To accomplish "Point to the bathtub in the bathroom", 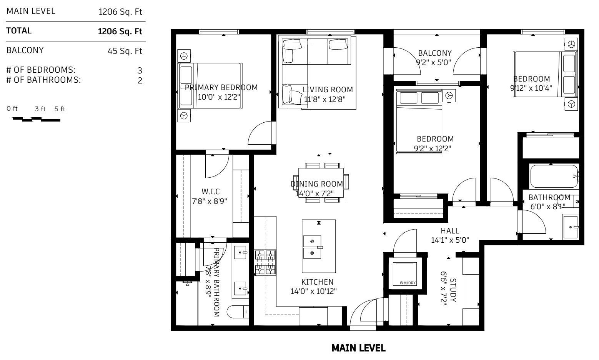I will tap(554, 176).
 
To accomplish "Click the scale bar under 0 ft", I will tap(37, 119).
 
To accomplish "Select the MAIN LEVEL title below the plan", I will tap(358, 348).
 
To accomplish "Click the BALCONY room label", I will tap(435, 53).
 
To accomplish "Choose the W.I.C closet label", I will tap(211, 191).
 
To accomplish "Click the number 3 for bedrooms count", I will tap(140, 70).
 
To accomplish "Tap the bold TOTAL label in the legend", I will tap(19, 31).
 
